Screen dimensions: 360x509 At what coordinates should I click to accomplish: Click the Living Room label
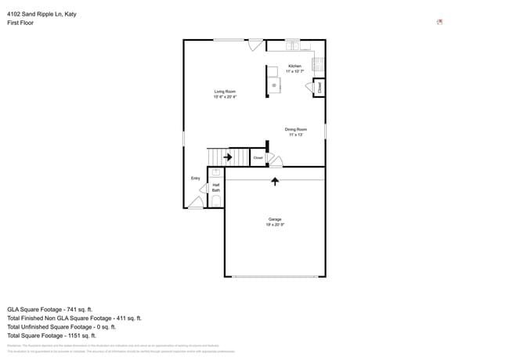coord(225,92)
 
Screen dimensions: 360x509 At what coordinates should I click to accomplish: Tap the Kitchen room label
coord(294,66)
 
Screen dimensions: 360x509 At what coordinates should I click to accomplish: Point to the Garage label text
coord(274,219)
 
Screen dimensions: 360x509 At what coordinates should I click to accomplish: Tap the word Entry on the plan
coord(196,178)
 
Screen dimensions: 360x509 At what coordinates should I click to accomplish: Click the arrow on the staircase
coord(227,157)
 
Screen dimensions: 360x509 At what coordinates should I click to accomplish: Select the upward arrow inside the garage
coord(275,182)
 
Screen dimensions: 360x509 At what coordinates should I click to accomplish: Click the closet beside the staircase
coord(258,157)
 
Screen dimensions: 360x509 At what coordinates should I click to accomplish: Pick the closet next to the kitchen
coord(319,88)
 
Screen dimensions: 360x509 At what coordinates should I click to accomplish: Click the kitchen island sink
coord(274,84)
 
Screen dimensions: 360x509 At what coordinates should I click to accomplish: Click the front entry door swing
coord(195,203)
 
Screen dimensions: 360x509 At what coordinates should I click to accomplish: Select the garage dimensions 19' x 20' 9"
coord(274,225)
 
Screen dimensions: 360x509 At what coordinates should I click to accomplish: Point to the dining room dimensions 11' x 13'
coord(295,135)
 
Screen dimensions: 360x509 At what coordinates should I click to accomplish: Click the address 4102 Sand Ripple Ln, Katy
coord(42,14)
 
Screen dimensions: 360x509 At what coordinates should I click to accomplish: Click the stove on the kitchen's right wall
coord(319,63)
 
